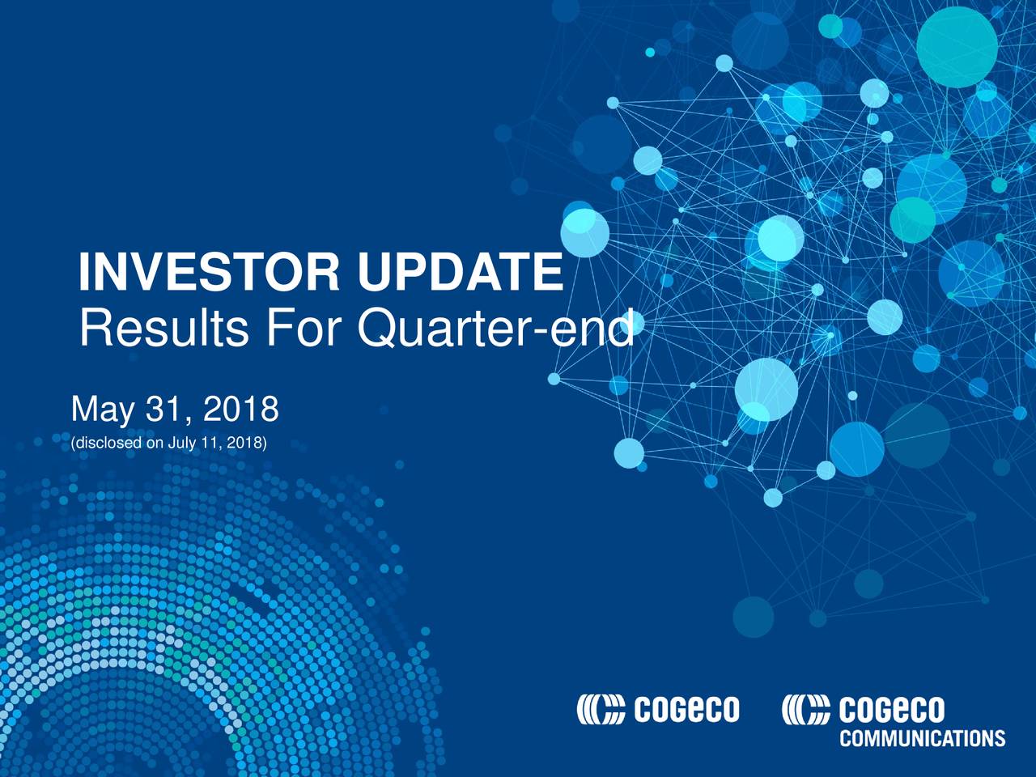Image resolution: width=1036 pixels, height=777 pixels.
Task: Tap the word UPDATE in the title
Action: pos(461,272)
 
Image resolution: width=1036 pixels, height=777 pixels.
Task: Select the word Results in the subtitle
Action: pos(164,328)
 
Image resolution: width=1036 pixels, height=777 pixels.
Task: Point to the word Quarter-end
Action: pos(495,329)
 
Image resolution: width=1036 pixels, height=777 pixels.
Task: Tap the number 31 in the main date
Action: pos(163,409)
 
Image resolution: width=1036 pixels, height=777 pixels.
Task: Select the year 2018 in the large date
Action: pos(240,409)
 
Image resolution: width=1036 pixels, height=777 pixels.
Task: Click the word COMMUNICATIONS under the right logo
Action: pos(922,738)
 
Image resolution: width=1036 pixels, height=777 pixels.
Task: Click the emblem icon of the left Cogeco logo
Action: pos(601,709)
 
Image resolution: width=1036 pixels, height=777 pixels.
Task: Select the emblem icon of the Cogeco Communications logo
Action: pos(805,709)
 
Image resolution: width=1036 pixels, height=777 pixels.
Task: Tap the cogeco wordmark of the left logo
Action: pos(687,709)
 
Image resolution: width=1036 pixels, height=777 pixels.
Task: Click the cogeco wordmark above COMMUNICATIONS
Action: pos(892,709)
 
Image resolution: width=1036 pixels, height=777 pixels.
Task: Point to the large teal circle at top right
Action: pos(957,47)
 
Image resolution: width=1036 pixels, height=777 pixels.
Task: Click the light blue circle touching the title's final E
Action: pos(585,233)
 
